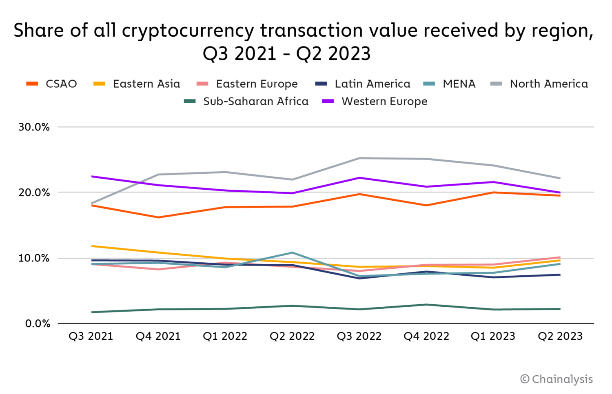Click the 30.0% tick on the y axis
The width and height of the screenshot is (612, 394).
pos(34,127)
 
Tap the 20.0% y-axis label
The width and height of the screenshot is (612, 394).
pos(34,193)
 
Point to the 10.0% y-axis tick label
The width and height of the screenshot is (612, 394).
pos(34,258)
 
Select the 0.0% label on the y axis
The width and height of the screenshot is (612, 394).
pos(38,324)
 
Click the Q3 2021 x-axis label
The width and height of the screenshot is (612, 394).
pos(91,336)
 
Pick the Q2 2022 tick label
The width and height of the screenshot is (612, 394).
pos(292,336)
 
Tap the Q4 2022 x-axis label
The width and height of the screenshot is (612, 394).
pos(426,336)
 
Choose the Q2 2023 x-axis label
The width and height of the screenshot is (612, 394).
pos(560,336)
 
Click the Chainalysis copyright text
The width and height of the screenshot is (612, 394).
pos(557,379)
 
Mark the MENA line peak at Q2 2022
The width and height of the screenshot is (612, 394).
pos(292,252)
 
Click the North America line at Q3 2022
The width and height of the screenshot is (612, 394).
pos(359,158)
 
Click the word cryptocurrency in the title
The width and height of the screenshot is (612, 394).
pos(188,31)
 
